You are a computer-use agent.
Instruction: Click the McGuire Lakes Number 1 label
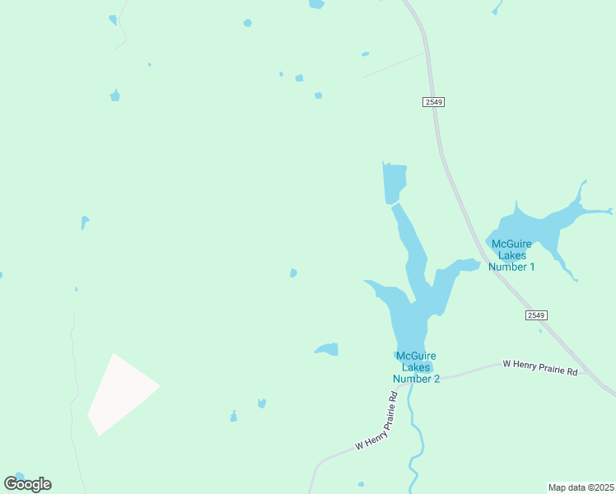(x=511, y=254)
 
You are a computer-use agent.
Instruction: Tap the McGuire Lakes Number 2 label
(x=416, y=367)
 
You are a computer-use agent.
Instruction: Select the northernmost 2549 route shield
(x=434, y=101)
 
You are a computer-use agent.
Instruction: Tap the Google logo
(x=27, y=483)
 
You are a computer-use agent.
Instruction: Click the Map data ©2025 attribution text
(x=581, y=487)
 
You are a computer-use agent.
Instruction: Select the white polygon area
(x=119, y=393)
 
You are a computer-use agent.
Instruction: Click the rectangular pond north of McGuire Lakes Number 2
(x=394, y=182)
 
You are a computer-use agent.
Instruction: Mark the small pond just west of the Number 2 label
(x=328, y=349)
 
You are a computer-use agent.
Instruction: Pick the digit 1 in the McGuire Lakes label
(x=532, y=266)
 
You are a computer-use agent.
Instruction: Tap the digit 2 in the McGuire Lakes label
(x=436, y=379)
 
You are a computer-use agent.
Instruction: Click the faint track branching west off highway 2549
(x=394, y=66)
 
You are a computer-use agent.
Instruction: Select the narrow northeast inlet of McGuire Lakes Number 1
(x=581, y=194)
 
